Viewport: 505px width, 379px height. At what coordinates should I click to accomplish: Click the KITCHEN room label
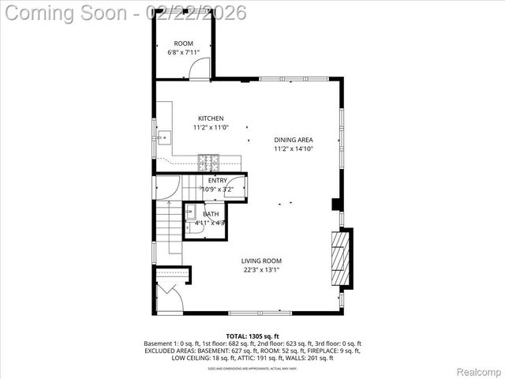click(x=210, y=118)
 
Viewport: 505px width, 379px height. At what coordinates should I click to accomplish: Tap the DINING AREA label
click(x=294, y=140)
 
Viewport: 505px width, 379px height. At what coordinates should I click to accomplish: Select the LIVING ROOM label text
click(x=262, y=261)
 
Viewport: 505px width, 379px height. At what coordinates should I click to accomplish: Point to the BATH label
click(x=211, y=214)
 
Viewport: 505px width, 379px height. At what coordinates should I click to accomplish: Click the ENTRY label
click(x=217, y=181)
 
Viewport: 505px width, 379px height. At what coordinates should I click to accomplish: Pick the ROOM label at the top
click(x=184, y=43)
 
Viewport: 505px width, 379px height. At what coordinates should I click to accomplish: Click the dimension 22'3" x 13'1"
click(x=262, y=270)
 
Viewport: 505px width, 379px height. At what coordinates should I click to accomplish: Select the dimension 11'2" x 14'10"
click(x=294, y=148)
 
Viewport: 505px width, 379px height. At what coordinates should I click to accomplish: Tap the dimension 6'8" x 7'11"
click(x=184, y=53)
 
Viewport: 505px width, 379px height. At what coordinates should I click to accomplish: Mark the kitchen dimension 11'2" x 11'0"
click(x=210, y=128)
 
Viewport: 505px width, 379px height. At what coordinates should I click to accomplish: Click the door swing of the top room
click(x=201, y=69)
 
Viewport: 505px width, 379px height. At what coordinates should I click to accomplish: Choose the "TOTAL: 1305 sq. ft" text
click(x=252, y=336)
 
